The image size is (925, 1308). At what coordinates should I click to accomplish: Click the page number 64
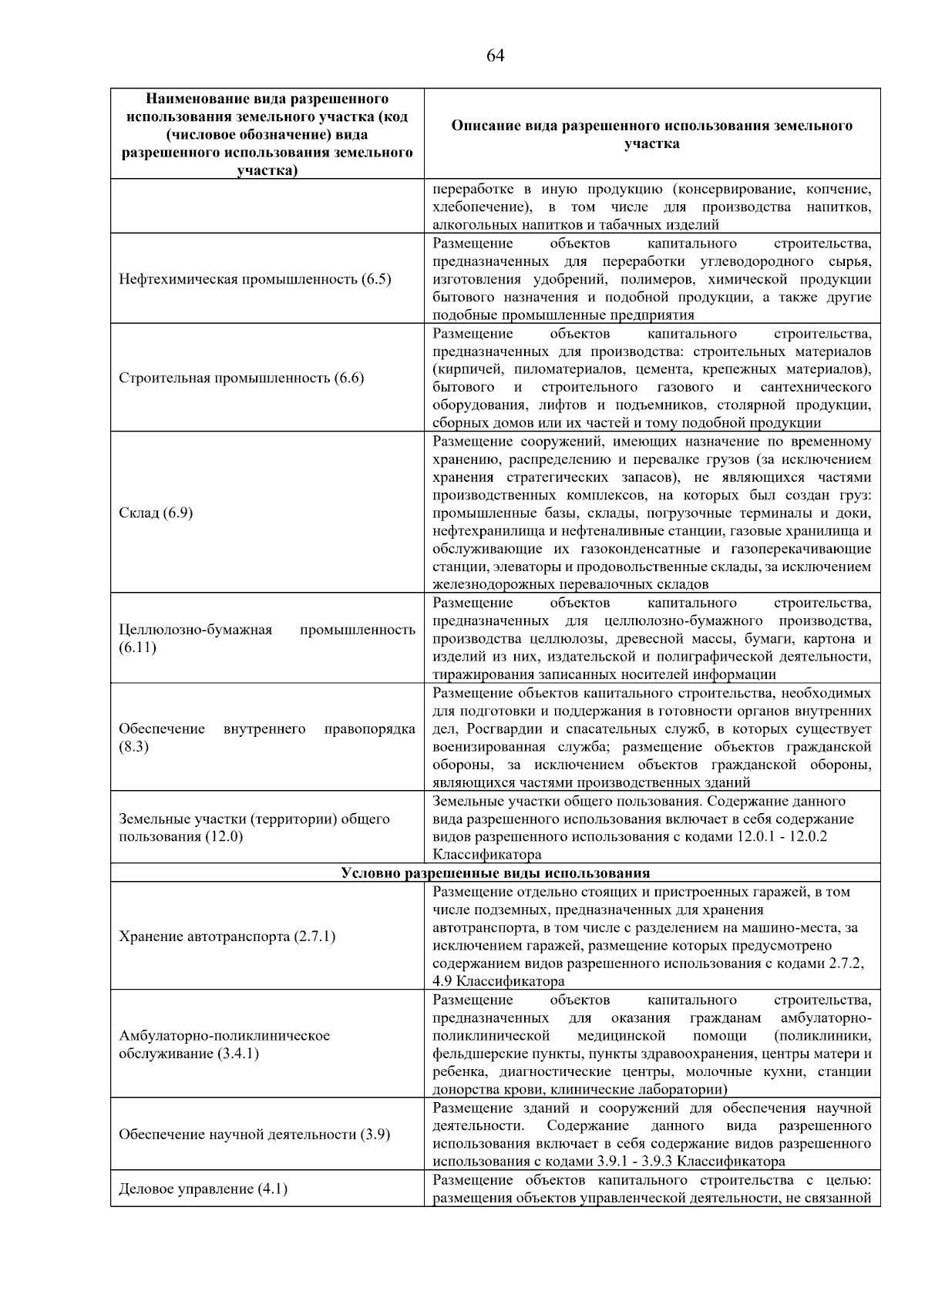pos(496,55)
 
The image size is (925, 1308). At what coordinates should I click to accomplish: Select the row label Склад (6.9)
pos(155,513)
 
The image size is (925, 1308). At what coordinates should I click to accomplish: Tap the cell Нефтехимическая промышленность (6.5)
pos(255,279)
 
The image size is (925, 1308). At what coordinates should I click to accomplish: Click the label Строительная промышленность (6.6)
pos(241,378)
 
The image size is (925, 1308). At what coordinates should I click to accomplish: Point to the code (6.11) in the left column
pos(137,647)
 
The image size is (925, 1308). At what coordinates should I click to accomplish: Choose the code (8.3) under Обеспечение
pos(133,747)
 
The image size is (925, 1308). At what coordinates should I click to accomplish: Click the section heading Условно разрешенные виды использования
pos(495,873)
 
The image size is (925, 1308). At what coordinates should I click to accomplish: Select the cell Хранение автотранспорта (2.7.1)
pos(227,936)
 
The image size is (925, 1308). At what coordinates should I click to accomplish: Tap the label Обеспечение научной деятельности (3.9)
pos(254,1135)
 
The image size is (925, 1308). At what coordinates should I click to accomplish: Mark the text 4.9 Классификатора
pos(498,982)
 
